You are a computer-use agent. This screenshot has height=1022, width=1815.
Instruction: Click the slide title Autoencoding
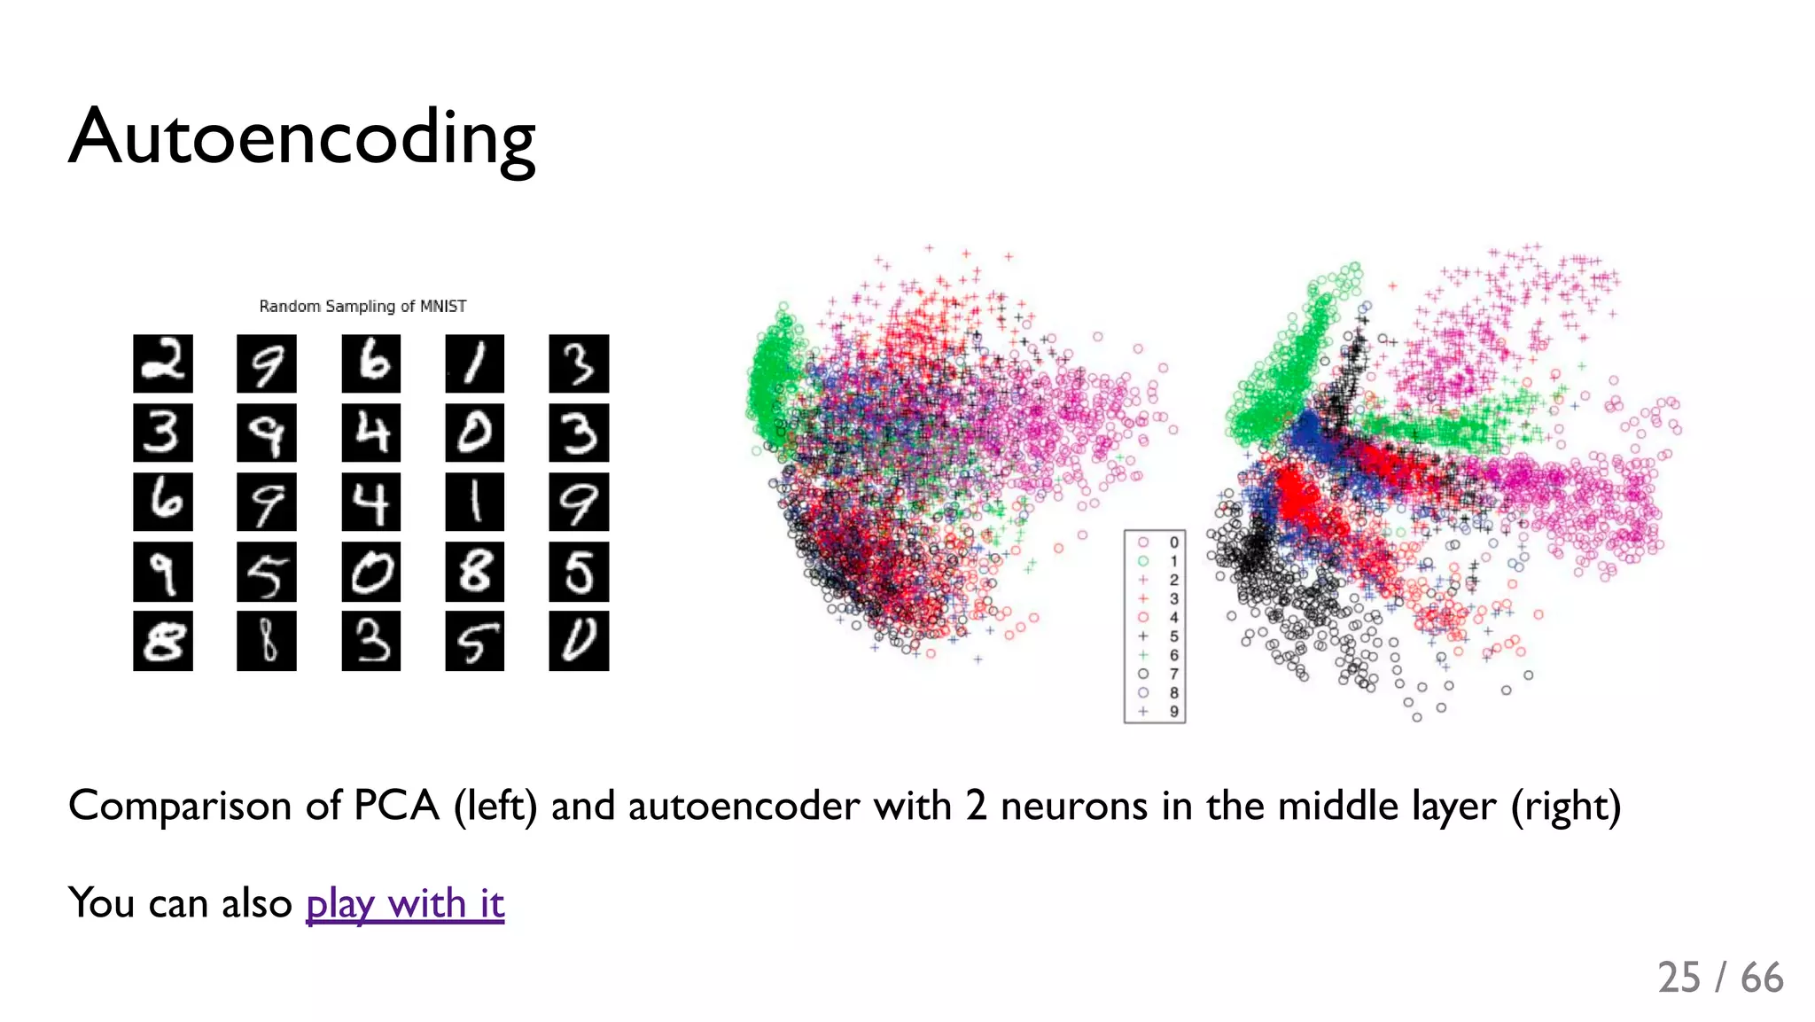tap(302, 137)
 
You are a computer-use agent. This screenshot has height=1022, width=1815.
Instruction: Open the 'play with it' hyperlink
tap(405, 903)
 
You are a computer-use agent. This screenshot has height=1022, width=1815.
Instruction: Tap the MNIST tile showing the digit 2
tap(163, 363)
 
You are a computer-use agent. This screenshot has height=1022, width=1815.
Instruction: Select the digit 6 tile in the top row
tap(371, 363)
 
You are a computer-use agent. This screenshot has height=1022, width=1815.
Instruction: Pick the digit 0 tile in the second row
tap(475, 433)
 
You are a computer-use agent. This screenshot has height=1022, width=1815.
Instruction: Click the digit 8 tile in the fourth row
tap(475, 572)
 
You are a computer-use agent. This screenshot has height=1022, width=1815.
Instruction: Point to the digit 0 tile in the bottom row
tap(579, 641)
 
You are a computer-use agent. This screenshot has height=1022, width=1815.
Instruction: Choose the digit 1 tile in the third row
tap(475, 502)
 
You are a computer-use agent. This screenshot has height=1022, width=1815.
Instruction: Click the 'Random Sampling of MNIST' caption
tap(362, 306)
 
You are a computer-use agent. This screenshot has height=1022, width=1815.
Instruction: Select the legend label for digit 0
tap(1173, 542)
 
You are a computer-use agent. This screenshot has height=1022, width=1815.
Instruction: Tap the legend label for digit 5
tap(1173, 636)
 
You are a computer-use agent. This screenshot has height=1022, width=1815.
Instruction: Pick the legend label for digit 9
tap(1173, 711)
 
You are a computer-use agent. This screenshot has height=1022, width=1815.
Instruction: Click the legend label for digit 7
tap(1173, 674)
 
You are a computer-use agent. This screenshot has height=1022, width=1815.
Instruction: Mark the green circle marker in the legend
tap(1143, 561)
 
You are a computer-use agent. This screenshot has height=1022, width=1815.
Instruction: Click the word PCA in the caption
tap(396, 806)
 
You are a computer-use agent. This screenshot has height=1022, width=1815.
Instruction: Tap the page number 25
tap(1679, 978)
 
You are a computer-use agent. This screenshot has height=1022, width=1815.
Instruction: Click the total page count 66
tap(1762, 978)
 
